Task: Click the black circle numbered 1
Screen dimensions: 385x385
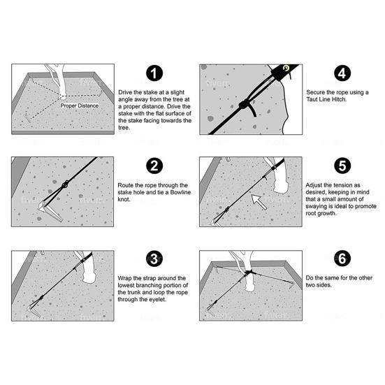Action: pyautogui.click(x=154, y=73)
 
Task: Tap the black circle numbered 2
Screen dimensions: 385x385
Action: pyautogui.click(x=154, y=166)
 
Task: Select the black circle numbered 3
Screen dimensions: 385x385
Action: pyautogui.click(x=154, y=259)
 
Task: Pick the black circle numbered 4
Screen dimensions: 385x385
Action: pyautogui.click(x=342, y=73)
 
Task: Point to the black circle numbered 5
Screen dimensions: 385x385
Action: pyautogui.click(x=342, y=166)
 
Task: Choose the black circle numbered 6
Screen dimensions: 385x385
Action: pyautogui.click(x=342, y=259)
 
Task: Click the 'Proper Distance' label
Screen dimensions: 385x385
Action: pyautogui.click(x=80, y=106)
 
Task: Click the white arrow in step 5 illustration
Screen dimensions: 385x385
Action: pyautogui.click(x=259, y=202)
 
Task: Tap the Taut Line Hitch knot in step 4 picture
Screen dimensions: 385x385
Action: pyautogui.click(x=244, y=104)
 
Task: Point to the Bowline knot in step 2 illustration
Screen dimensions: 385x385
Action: pyautogui.click(x=65, y=184)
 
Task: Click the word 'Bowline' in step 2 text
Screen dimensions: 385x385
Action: pyautogui.click(x=180, y=192)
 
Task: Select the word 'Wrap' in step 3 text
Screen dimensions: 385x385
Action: pyautogui.click(x=124, y=278)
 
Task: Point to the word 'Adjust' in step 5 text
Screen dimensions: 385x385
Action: pyautogui.click(x=314, y=185)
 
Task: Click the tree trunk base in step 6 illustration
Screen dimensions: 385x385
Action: pyautogui.click(x=250, y=285)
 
